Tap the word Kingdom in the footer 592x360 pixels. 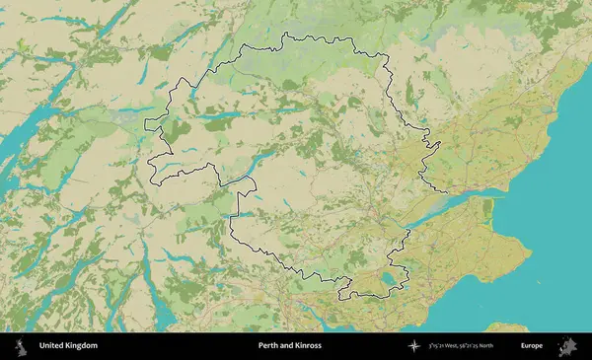(83, 346)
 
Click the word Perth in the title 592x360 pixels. (267, 346)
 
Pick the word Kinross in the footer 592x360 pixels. (307, 346)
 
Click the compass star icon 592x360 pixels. (414, 346)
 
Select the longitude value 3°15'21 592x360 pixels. (440, 346)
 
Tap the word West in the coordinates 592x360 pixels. (461, 346)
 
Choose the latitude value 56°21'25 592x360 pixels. (485, 346)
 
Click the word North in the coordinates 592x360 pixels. (510, 346)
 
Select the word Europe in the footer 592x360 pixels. (532, 346)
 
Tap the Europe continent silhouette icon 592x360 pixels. (567, 346)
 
